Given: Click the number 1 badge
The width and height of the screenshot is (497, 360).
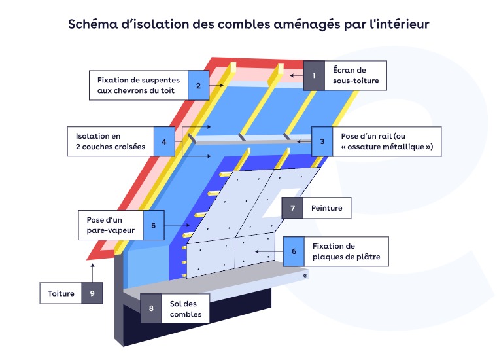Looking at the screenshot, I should click(314, 76).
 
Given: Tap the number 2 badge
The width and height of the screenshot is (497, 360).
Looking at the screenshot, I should click(198, 84).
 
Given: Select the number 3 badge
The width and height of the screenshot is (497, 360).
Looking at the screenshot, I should click(322, 141).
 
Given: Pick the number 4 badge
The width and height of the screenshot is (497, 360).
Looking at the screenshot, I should click(164, 141).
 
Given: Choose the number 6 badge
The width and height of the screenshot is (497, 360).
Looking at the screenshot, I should click(294, 251).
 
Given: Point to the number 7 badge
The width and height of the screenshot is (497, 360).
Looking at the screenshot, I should click(292, 208).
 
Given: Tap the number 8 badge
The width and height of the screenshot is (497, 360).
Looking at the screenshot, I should click(151, 308).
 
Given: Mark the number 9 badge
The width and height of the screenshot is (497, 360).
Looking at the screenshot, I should click(92, 293).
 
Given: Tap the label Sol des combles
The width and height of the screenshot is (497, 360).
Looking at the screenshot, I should click(185, 308).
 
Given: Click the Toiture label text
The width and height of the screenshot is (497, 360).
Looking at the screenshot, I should click(61, 293).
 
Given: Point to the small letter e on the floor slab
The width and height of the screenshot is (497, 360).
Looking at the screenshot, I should click(305, 275).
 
